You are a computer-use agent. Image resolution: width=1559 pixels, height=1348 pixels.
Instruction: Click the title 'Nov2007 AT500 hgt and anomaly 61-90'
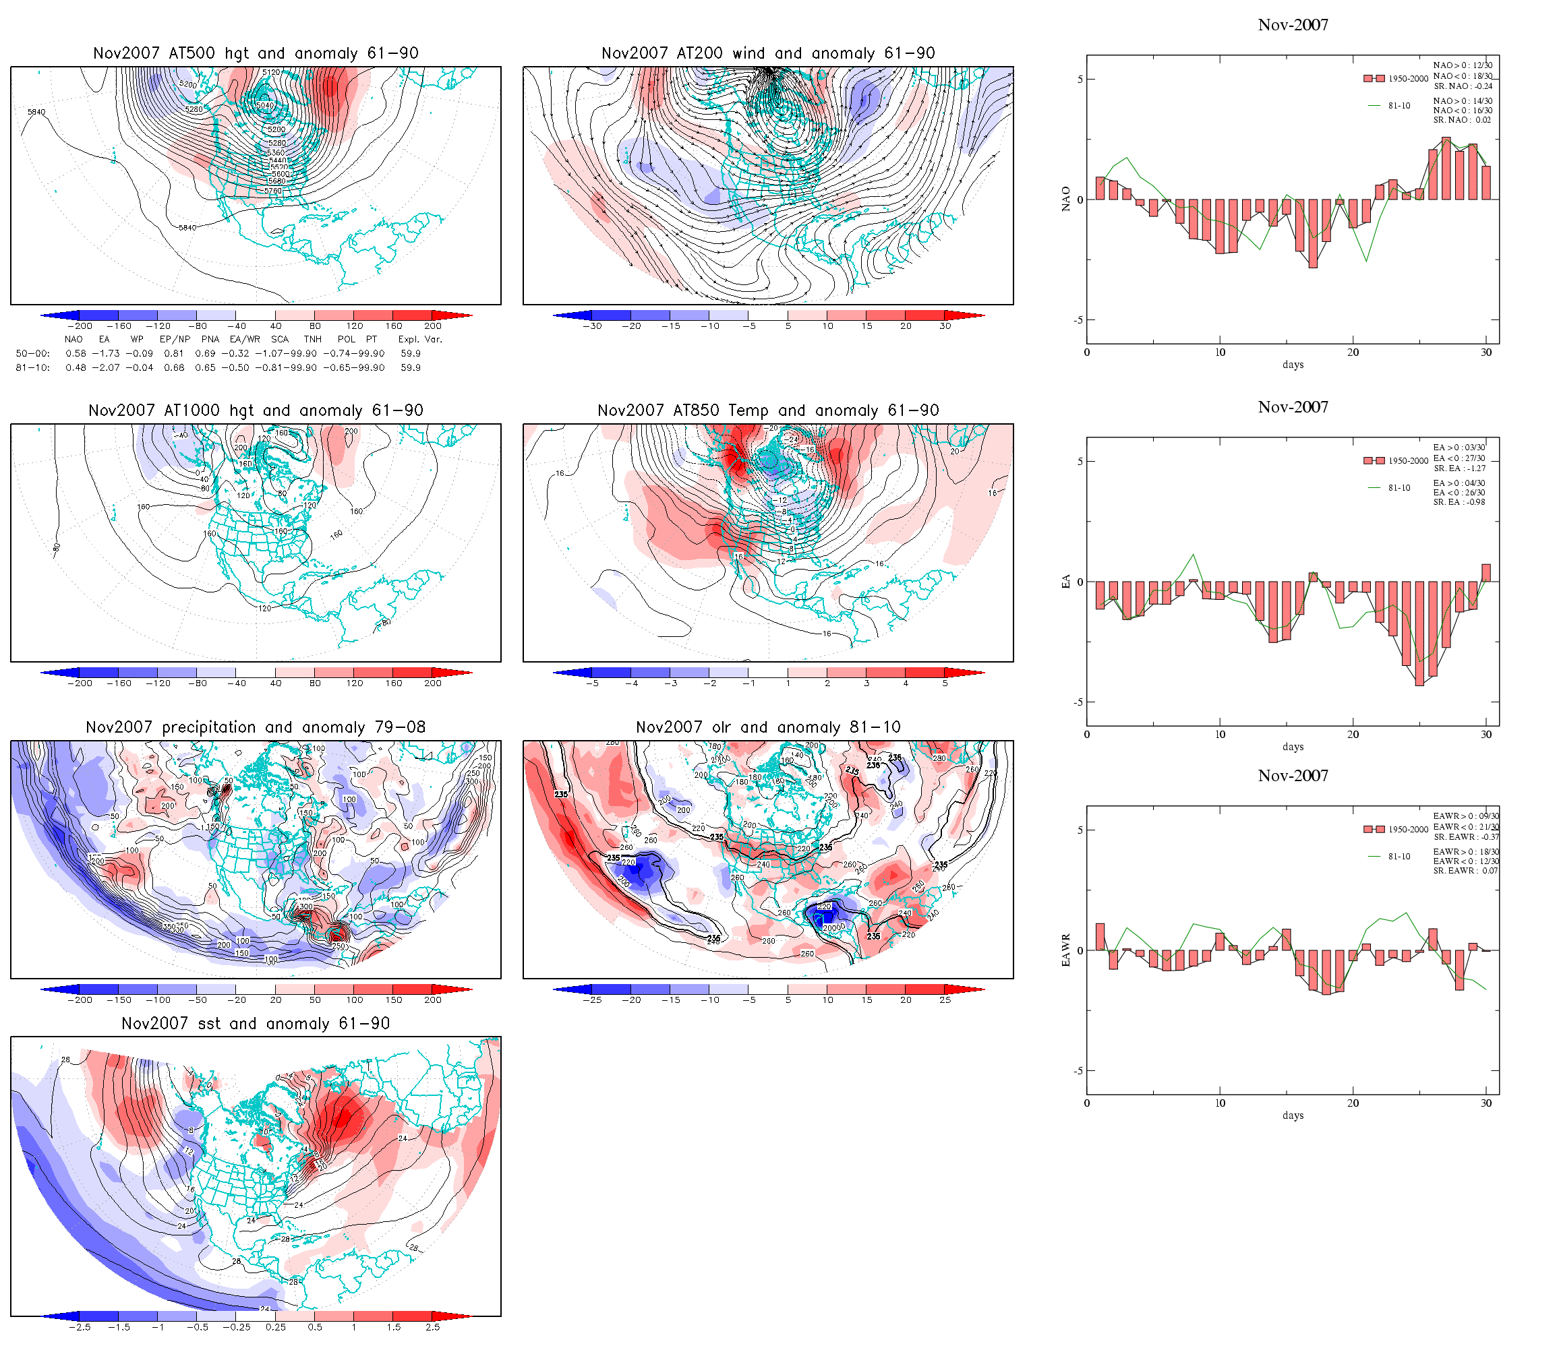(x=256, y=53)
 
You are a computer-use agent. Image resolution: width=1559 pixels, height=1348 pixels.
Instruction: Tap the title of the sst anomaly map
(x=256, y=1023)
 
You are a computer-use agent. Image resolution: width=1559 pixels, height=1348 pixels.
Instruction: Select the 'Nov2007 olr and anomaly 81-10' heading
(x=767, y=727)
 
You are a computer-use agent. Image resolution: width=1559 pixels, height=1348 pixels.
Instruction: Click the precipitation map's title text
(x=256, y=727)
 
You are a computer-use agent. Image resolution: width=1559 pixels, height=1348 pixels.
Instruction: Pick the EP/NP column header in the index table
(x=175, y=339)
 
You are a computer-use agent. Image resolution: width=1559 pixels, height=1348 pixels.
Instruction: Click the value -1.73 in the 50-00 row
(x=109, y=354)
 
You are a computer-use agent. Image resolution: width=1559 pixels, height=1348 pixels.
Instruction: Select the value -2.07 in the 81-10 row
(x=109, y=368)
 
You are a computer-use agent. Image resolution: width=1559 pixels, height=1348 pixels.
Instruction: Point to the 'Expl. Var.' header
(x=420, y=339)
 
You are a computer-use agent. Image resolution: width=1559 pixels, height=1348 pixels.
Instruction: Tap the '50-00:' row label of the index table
(x=32, y=354)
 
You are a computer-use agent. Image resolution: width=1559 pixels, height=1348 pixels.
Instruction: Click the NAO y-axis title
(x=1065, y=199)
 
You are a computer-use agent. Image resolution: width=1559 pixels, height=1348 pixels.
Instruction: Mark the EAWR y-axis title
(x=1065, y=950)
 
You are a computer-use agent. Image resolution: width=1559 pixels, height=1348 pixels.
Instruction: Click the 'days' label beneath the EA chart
(x=1293, y=746)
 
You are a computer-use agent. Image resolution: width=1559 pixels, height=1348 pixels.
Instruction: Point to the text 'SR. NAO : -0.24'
(x=1463, y=86)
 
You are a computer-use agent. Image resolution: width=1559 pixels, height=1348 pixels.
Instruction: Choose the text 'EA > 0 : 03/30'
(x=1460, y=448)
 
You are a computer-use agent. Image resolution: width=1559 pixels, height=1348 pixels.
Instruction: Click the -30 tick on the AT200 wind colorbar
(x=592, y=326)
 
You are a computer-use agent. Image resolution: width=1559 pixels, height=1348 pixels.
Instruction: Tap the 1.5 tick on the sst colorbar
(x=394, y=1327)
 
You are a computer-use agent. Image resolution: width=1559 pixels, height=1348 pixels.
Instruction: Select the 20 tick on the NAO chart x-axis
(x=1353, y=352)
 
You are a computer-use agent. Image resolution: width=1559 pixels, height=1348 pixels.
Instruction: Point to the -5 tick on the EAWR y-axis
(x=1079, y=1070)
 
